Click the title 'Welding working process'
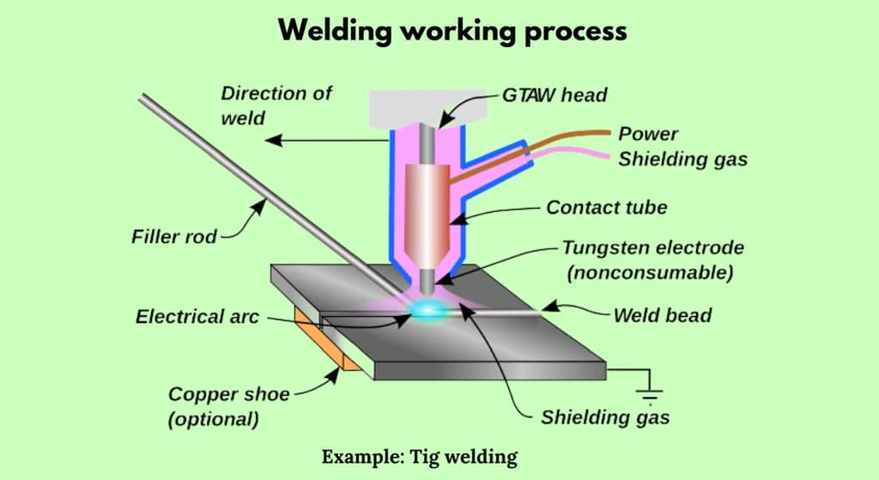point(452,31)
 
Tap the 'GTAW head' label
point(555,94)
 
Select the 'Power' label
point(648,134)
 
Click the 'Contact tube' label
point(606,207)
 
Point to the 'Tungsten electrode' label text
point(652,248)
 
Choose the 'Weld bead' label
point(662,315)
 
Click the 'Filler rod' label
point(168,235)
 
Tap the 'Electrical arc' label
point(197,317)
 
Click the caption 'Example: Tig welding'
point(420,456)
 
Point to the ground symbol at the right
point(650,395)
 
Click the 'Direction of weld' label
point(276,105)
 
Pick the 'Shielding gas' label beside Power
point(682,159)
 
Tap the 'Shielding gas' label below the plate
point(605,418)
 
